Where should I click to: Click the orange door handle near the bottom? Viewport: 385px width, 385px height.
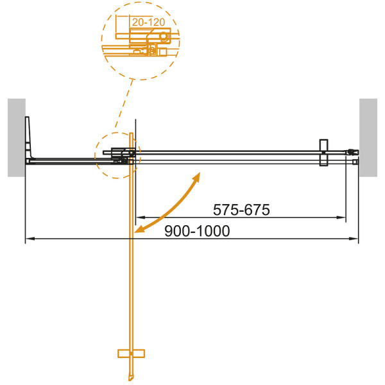[x=133, y=353]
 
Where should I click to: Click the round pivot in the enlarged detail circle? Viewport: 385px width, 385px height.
[x=164, y=36]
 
